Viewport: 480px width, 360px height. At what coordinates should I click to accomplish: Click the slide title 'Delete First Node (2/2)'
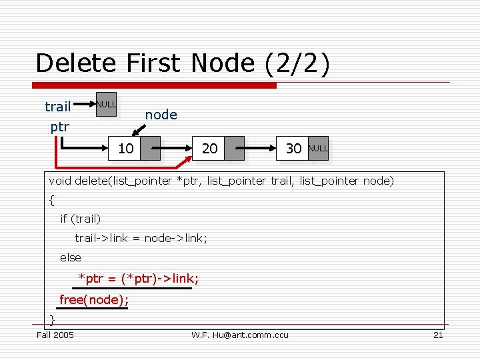click(x=183, y=63)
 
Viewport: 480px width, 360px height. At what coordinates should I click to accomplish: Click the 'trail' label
click(x=58, y=107)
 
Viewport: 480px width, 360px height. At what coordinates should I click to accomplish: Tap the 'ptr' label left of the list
click(x=60, y=126)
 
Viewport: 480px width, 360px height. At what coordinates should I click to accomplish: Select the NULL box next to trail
click(x=106, y=105)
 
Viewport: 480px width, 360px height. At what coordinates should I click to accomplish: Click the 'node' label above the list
click(x=161, y=115)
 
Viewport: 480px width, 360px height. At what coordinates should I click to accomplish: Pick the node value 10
click(x=126, y=149)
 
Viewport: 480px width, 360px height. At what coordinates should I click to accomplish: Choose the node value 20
click(x=210, y=149)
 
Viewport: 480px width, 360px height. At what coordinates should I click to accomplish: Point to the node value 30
click(x=293, y=149)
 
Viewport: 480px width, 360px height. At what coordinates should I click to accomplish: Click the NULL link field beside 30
click(x=318, y=149)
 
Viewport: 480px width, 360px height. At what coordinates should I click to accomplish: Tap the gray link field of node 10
click(x=151, y=149)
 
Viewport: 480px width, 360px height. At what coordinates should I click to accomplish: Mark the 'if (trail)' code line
click(x=81, y=219)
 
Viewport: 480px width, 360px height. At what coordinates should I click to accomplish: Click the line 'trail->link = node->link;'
click(x=141, y=238)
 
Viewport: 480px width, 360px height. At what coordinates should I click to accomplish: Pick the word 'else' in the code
click(x=71, y=257)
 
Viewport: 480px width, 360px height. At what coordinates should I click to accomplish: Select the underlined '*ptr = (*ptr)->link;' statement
click(x=138, y=278)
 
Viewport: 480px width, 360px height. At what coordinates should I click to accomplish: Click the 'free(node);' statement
click(x=94, y=300)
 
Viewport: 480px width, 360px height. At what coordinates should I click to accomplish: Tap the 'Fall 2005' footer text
click(x=55, y=335)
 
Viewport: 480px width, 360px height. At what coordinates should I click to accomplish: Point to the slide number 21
click(x=438, y=335)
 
